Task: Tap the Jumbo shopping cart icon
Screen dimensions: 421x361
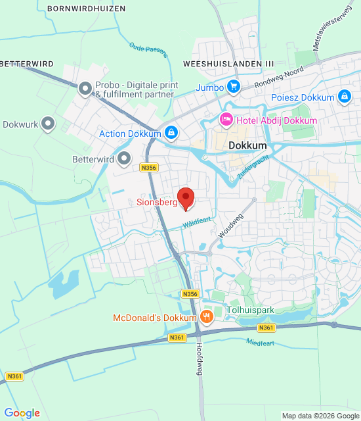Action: point(233,86)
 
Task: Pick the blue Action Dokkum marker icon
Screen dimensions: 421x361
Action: point(171,134)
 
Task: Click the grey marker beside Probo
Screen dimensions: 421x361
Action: point(85,87)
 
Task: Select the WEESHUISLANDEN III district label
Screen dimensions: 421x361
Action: point(228,63)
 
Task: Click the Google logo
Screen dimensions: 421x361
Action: point(22,413)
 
